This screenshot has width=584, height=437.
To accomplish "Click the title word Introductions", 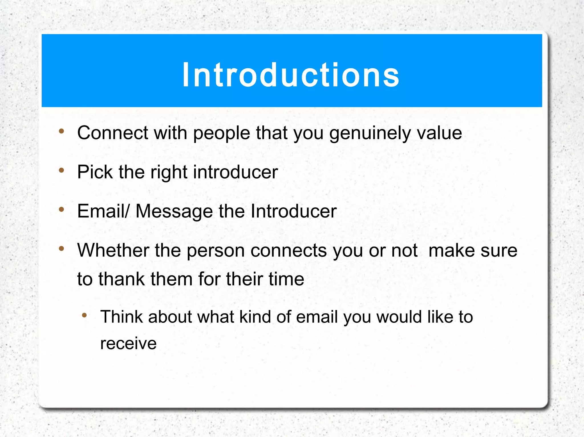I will coord(291,75).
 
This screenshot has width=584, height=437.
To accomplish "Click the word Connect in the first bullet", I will coord(113,133).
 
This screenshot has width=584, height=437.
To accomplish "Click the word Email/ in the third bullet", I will coord(103,211).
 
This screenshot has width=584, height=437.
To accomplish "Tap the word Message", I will coord(174,211).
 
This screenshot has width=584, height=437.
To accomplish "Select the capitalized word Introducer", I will coord(294,211).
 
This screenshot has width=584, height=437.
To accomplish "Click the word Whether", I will coord(113,250).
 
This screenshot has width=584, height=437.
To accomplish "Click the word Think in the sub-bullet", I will coord(121,317).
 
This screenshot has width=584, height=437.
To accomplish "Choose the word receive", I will coord(128,343).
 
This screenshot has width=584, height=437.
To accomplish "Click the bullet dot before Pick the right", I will coord(61,170).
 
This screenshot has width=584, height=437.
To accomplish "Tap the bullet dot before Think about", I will coord(84,315).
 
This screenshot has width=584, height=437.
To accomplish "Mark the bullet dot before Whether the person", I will coord(61,249).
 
